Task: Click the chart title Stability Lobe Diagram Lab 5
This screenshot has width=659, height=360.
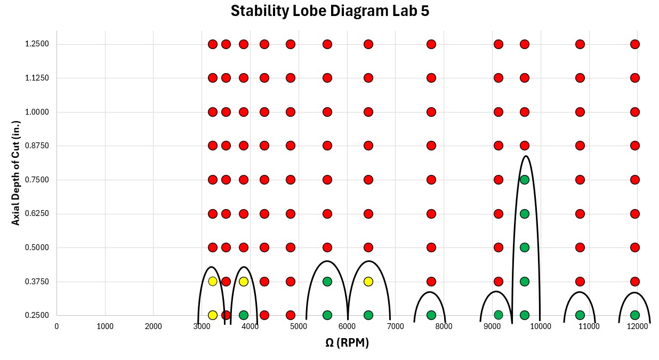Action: point(329,11)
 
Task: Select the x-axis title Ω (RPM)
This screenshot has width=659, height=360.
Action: point(347,343)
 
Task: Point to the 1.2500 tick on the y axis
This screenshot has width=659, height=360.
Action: point(37,44)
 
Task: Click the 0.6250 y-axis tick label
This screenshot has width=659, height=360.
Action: point(37,214)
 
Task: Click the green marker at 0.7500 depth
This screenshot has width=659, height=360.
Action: point(524,180)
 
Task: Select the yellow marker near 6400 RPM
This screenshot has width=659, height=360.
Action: point(368,282)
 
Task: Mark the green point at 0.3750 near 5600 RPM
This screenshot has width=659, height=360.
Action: point(327,282)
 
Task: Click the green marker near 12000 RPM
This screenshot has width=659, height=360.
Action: point(634,315)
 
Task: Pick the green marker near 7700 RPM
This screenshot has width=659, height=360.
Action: point(431,315)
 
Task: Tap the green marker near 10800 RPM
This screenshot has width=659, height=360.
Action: point(580,315)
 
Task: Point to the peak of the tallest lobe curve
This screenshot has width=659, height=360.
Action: point(526,156)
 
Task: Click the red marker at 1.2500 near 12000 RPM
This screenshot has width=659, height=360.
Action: point(634,44)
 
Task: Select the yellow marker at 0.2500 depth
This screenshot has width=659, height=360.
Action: point(213,315)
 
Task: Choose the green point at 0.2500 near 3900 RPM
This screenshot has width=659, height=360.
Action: point(244,315)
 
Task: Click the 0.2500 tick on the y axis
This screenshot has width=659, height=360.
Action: point(37,315)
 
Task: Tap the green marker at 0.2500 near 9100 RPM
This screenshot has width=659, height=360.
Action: point(498,315)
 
